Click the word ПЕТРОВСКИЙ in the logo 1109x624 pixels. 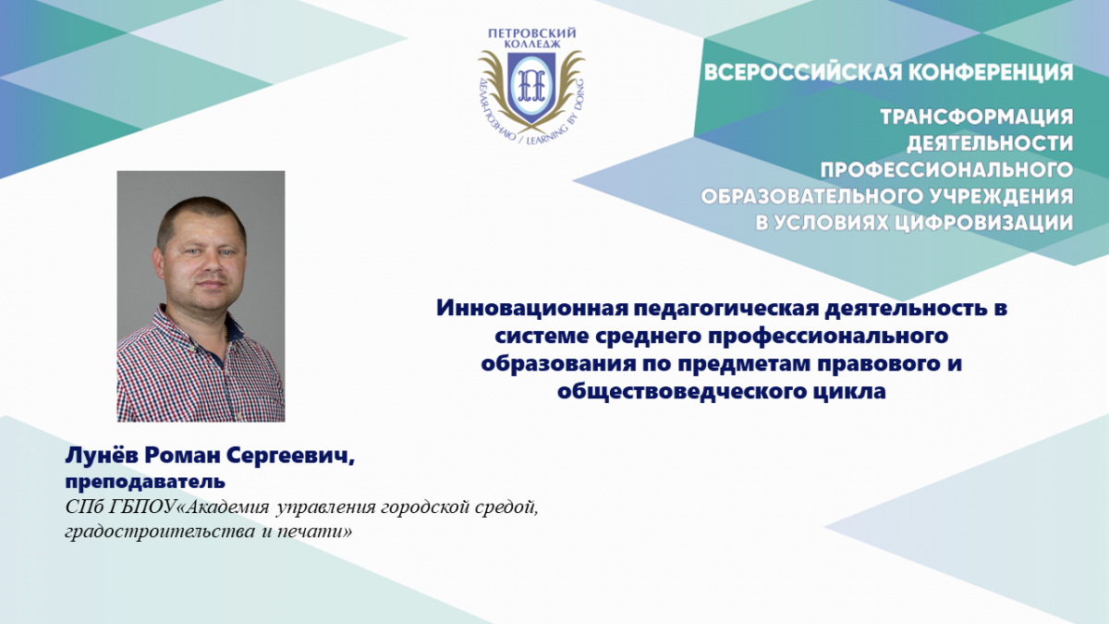point(532,33)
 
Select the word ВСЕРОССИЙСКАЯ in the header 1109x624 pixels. point(788,72)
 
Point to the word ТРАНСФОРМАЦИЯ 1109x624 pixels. point(977,117)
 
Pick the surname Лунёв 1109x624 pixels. point(101,455)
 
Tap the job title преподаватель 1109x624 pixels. point(145,483)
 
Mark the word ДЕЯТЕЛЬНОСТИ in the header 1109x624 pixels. point(990,144)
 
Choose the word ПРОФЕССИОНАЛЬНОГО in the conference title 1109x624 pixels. point(946,170)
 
